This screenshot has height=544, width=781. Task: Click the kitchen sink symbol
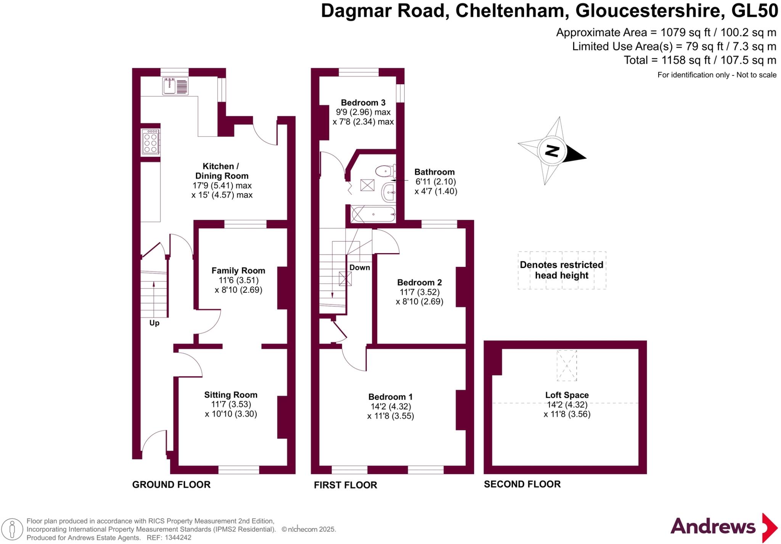(175, 86)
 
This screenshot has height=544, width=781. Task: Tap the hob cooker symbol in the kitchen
(150, 142)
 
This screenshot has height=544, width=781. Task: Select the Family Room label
(238, 271)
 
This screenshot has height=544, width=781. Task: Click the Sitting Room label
(231, 395)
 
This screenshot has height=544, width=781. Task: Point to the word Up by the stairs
(154, 323)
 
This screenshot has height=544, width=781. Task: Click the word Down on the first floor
(360, 268)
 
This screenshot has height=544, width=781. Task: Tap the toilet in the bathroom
(385, 171)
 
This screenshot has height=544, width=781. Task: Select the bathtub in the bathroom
(373, 214)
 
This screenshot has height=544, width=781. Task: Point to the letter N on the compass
(552, 151)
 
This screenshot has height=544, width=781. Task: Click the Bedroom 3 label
(363, 103)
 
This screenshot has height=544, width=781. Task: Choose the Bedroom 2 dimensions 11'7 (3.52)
(419, 292)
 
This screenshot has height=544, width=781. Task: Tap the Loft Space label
(567, 395)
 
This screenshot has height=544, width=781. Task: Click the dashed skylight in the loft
(567, 366)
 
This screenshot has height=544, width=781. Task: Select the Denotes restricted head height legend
(562, 270)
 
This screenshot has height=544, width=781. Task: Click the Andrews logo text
(713, 527)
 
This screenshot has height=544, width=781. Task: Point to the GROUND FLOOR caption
(171, 485)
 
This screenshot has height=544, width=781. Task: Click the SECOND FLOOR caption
(522, 485)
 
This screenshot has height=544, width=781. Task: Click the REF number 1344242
(178, 538)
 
